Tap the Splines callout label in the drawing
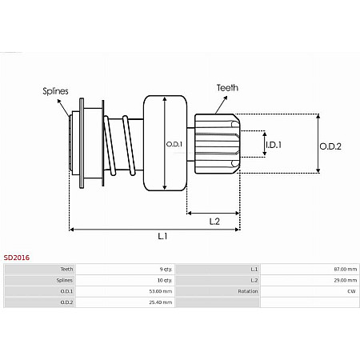click(x=54, y=92)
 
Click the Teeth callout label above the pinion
click(x=226, y=87)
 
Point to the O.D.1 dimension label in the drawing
click(x=174, y=144)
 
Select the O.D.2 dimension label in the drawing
click(x=330, y=146)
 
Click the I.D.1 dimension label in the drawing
click(x=274, y=144)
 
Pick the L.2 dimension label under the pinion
click(x=214, y=221)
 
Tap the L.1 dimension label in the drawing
click(x=162, y=237)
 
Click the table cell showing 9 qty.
click(x=166, y=270)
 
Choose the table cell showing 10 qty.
click(x=165, y=281)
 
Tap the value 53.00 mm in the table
click(x=162, y=291)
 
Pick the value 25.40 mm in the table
click(x=162, y=302)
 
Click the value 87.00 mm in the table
click(x=345, y=270)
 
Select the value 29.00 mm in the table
click(x=345, y=281)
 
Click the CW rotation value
click(x=351, y=291)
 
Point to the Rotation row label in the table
click(x=249, y=291)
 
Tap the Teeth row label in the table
click(x=66, y=270)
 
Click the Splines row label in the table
click(x=65, y=281)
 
